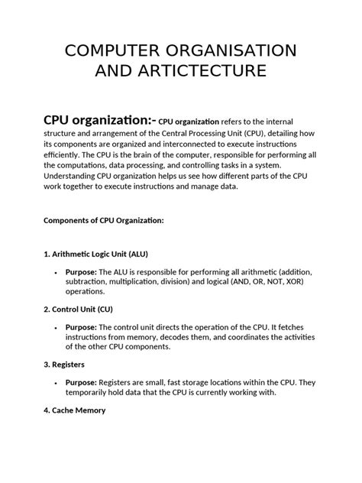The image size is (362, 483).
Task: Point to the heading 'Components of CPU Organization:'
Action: (104, 220)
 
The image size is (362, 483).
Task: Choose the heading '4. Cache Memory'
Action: (75, 410)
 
